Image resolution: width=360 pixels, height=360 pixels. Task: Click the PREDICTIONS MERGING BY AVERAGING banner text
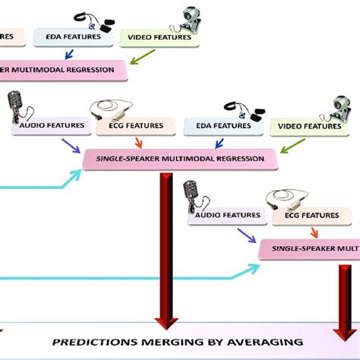pyautogui.click(x=177, y=342)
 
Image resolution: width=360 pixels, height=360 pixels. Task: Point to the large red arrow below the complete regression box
pyautogui.click(x=165, y=243)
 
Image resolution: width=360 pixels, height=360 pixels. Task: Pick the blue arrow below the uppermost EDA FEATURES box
pyautogui.click(x=69, y=54)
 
